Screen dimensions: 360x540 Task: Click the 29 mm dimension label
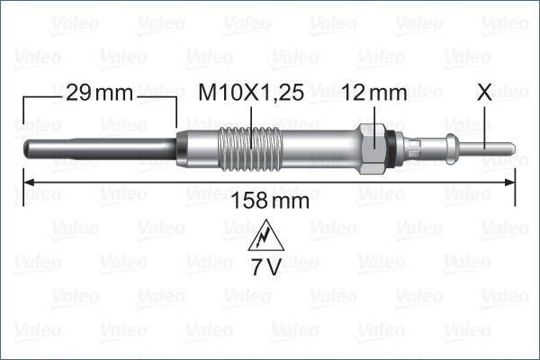pos(98,92)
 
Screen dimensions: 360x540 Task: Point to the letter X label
pos(485,92)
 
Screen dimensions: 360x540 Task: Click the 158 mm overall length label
pos(270,200)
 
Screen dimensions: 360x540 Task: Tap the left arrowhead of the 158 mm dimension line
pos(27,183)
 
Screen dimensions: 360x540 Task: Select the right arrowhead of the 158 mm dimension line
pos(511,183)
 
